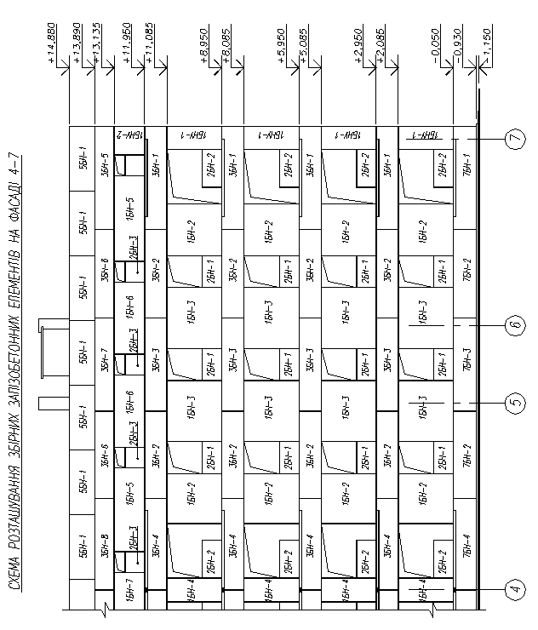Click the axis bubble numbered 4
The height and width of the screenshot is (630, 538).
(513, 588)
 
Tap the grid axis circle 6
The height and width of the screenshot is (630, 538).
(513, 324)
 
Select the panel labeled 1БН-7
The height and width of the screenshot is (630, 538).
(129, 590)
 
